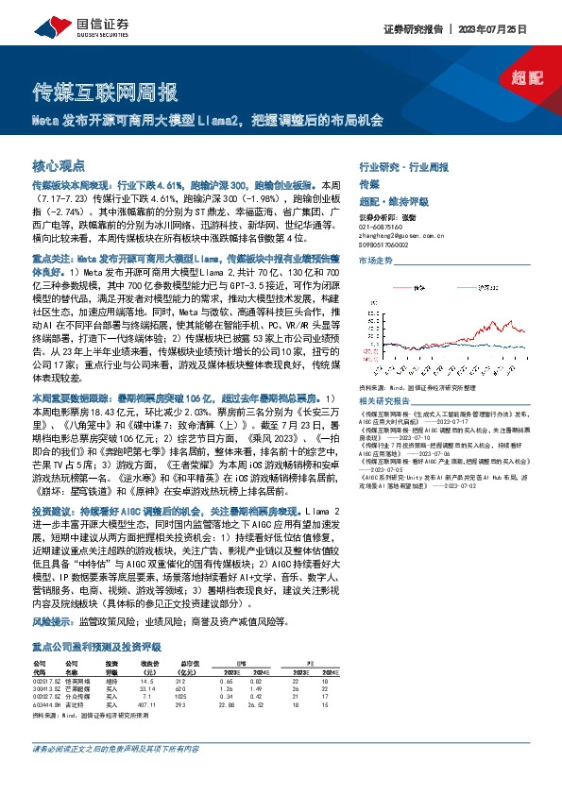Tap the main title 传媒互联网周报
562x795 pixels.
coord(105,93)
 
